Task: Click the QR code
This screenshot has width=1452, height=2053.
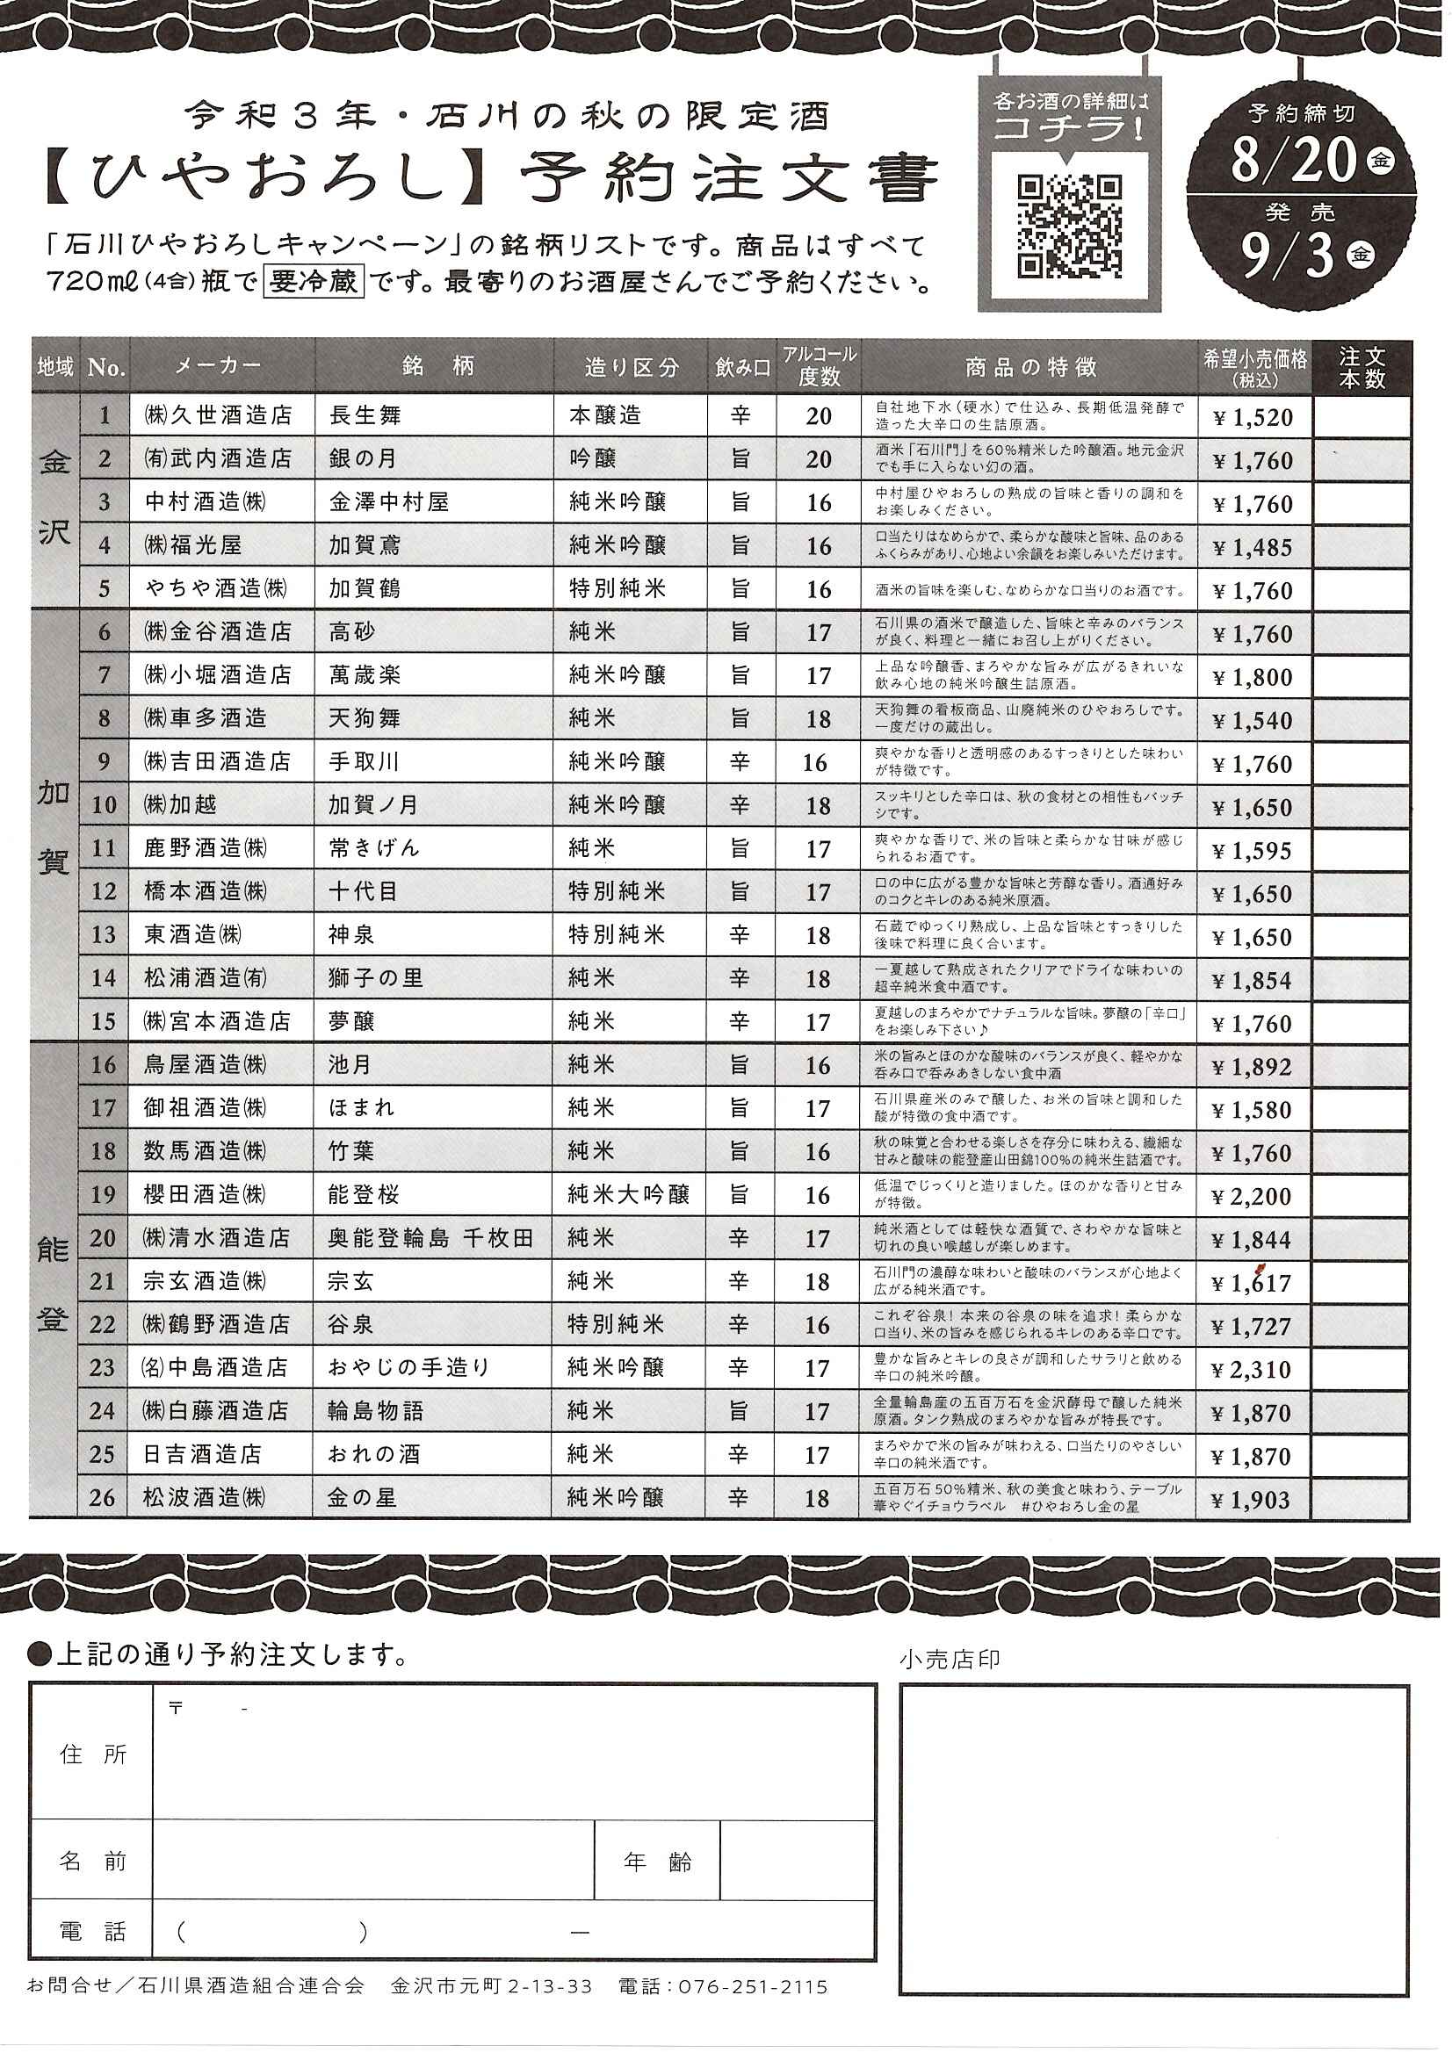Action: click(1069, 226)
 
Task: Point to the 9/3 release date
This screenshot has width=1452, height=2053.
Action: click(1288, 254)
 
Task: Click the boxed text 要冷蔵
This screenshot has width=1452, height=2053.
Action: click(313, 282)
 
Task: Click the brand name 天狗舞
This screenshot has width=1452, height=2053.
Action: click(365, 719)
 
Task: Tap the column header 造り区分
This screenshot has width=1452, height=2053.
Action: click(631, 367)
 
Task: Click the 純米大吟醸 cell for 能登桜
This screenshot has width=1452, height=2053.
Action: click(628, 1194)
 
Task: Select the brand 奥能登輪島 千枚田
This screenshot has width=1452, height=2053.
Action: click(430, 1238)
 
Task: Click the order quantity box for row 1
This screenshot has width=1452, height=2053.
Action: click(1361, 417)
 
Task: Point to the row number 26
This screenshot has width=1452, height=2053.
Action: click(103, 1498)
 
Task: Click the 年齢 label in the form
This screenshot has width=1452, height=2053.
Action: click(657, 1862)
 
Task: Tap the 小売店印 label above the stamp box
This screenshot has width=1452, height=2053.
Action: click(950, 1659)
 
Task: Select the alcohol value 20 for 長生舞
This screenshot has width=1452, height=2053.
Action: click(818, 417)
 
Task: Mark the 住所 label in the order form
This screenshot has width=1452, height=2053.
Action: click(93, 1754)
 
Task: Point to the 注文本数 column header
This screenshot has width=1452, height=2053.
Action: click(1361, 367)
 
